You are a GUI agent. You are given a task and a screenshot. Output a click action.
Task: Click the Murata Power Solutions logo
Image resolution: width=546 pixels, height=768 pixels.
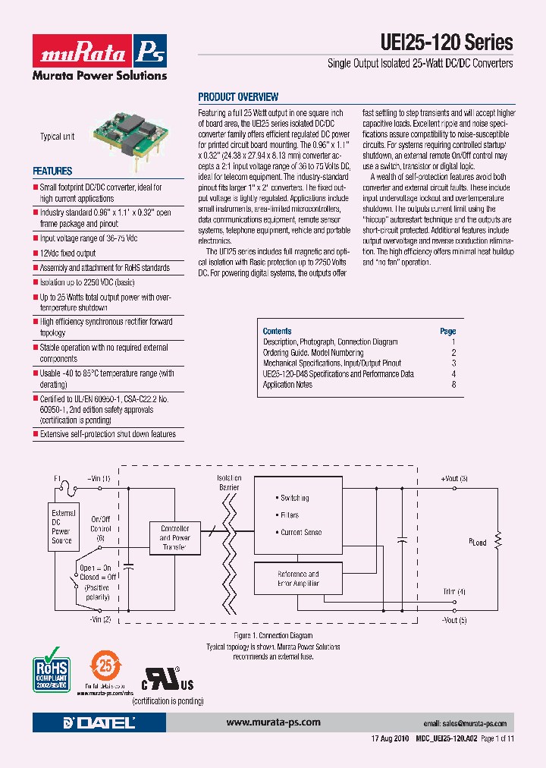[99, 58]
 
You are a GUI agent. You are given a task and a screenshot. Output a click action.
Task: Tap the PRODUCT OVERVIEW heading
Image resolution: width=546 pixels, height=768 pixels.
[238, 97]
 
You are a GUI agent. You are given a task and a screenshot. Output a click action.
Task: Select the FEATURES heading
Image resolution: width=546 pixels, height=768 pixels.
[52, 172]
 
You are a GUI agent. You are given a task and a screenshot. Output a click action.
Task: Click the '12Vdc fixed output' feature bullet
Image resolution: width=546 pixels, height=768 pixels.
[67, 253]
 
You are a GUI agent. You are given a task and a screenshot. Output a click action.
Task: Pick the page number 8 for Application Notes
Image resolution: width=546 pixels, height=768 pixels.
[453, 385]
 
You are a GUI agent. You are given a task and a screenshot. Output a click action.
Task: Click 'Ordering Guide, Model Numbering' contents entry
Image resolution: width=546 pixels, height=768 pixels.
[312, 353]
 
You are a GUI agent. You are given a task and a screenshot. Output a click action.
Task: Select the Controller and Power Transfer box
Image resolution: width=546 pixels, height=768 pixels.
[174, 537]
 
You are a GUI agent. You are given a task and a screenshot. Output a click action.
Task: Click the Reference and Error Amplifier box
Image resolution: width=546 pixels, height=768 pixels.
[298, 579]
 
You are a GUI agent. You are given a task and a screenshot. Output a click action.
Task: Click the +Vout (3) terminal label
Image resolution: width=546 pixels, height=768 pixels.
[454, 478]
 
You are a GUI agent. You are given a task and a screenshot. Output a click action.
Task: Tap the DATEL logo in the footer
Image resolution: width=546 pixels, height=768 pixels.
[99, 722]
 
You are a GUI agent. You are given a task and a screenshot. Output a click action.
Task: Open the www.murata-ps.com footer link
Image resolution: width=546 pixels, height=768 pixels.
[274, 722]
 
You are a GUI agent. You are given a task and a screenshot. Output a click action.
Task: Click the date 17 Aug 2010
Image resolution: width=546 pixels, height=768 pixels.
[391, 738]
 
